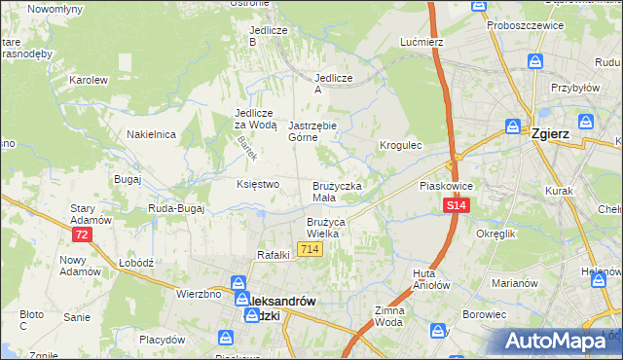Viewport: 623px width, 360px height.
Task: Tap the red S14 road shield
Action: [457, 206]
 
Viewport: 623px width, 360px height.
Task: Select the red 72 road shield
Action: [82, 235]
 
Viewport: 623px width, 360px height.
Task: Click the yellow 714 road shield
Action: [311, 250]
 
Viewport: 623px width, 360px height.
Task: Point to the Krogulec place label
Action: [399, 145]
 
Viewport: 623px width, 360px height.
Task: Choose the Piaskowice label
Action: [445, 184]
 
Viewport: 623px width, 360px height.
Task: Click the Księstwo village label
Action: [258, 184]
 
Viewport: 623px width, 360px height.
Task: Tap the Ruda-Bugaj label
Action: [173, 208]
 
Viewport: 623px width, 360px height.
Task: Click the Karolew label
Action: [88, 80]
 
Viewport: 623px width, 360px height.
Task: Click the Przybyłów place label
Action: [573, 87]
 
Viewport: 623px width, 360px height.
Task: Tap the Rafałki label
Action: [275, 255]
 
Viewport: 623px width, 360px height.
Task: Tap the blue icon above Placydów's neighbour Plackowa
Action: [225, 337]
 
